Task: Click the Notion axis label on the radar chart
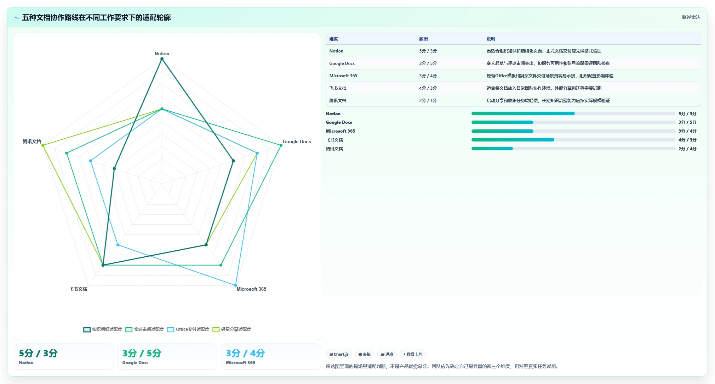click(162, 54)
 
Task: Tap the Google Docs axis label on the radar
click(297, 142)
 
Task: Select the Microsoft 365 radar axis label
click(251, 289)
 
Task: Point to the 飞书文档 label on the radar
click(78, 289)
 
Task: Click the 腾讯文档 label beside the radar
click(32, 142)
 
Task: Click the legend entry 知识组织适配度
click(103, 329)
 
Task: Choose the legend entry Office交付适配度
click(188, 329)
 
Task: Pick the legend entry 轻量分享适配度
click(232, 329)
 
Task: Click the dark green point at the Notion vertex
click(162, 59)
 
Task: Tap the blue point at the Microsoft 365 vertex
click(235, 285)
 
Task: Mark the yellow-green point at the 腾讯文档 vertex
click(43, 145)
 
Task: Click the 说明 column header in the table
click(491, 39)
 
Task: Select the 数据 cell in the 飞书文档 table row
click(428, 88)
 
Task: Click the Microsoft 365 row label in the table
click(343, 76)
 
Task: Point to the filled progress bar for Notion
click(523, 113)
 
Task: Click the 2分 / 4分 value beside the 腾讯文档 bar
click(687, 149)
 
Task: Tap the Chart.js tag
click(339, 354)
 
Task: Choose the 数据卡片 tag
click(413, 354)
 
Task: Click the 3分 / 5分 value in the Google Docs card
click(142, 353)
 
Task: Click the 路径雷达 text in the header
click(691, 17)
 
